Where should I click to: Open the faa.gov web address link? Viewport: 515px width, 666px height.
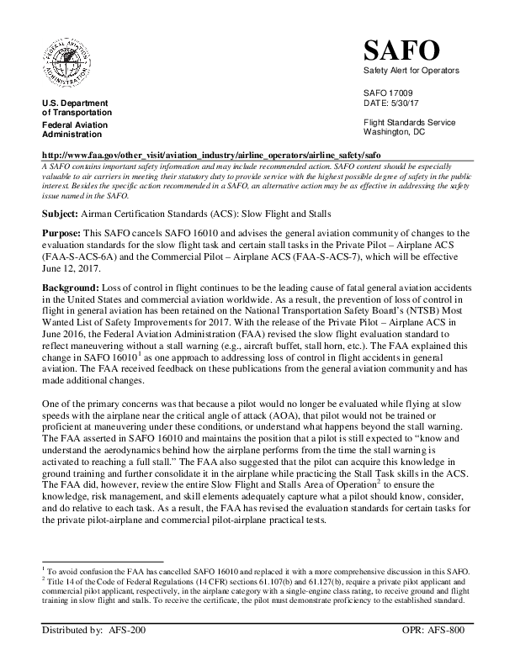217,156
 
